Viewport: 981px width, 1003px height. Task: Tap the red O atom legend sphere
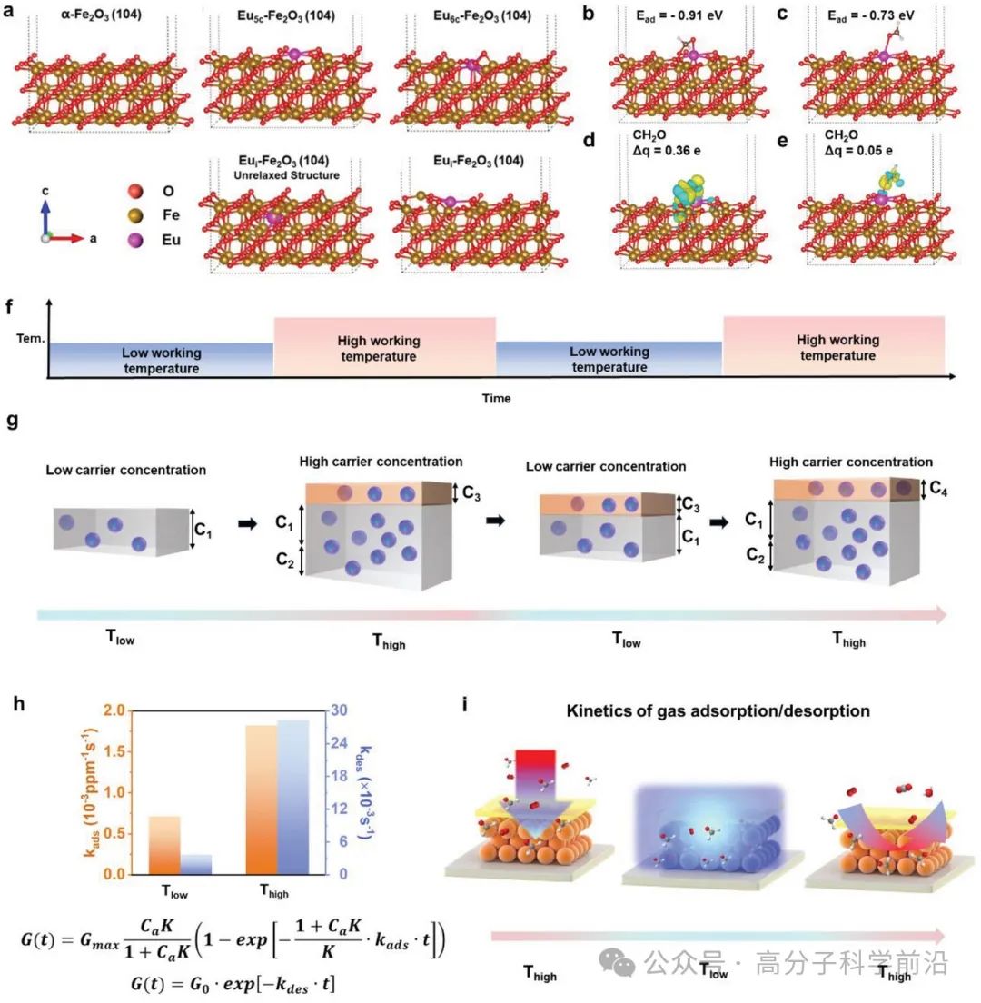coord(135,192)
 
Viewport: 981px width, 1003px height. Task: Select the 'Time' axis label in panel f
coord(496,398)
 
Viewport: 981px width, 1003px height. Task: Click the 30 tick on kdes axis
coord(335,710)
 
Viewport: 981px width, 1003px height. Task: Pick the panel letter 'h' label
coord(11,704)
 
